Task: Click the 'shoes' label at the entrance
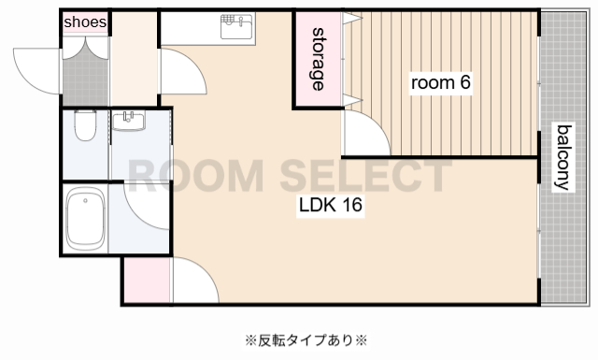pos(85,22)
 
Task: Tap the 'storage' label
pos(318,59)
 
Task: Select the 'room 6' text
pos(441,82)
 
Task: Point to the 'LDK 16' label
pos(330,206)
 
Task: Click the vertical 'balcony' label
pos(563,156)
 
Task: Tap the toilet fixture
pos(85,125)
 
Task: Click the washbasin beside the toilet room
pos(129,122)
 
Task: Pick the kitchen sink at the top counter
pos(237,26)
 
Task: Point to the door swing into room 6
pos(364,134)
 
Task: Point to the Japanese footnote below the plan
pos(306,338)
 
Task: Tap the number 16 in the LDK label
pos(351,206)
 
